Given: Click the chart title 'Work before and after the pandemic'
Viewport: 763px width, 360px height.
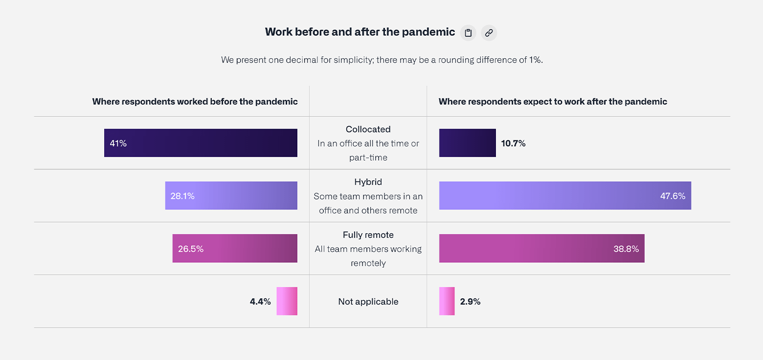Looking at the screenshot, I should [x=360, y=32].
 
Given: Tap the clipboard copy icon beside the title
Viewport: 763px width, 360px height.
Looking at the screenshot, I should [x=468, y=33].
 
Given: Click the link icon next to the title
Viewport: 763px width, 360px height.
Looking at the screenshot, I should [x=489, y=33].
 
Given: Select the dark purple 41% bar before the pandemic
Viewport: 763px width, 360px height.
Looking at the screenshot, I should [x=201, y=143].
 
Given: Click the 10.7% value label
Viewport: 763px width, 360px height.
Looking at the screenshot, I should [x=513, y=143].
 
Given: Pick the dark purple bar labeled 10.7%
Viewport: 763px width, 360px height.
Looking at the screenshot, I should [x=467, y=143].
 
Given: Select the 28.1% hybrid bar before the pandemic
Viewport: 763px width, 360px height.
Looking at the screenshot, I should [x=231, y=196].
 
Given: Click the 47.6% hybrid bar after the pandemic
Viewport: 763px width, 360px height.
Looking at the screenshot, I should [x=565, y=196].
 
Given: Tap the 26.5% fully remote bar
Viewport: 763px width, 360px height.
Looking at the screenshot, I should [x=235, y=248].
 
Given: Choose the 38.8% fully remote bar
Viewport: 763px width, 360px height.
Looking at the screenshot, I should [x=541, y=248].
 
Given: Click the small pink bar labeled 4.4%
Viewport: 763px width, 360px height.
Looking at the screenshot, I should [x=287, y=301].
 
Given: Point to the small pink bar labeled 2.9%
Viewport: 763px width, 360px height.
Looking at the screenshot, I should [x=447, y=301].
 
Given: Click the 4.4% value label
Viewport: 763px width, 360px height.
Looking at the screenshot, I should [x=260, y=302].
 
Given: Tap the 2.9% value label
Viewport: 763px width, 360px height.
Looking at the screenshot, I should [x=470, y=302].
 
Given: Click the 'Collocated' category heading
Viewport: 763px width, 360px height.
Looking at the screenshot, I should [x=368, y=129].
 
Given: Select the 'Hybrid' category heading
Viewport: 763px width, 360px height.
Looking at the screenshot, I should [x=368, y=182].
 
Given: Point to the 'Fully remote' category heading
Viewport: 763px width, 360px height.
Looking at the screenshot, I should [x=368, y=235].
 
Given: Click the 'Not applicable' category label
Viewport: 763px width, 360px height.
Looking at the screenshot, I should [x=368, y=302].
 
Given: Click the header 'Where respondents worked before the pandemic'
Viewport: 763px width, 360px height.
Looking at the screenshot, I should [x=195, y=102].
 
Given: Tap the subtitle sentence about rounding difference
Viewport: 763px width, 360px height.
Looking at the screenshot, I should [x=381, y=60].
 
